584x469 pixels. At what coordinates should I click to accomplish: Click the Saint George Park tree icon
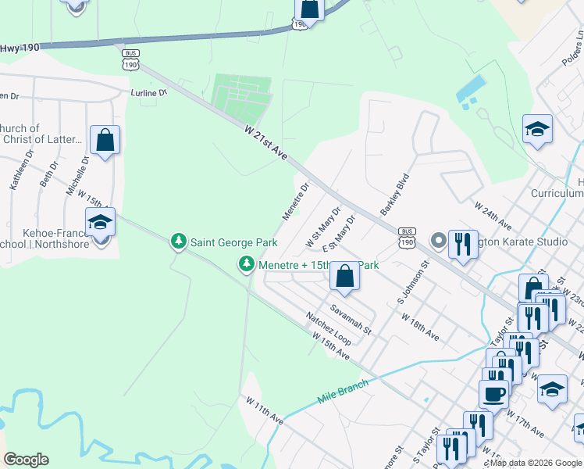pyautogui.click(x=179, y=241)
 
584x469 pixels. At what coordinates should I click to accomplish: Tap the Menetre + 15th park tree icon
pyautogui.click(x=247, y=266)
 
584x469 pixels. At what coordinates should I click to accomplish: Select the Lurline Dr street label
pyautogui.click(x=149, y=92)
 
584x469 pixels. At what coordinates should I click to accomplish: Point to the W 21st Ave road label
pyautogui.click(x=265, y=142)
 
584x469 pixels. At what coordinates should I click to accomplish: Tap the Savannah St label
pyautogui.click(x=350, y=320)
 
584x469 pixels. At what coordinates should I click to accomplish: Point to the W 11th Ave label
pyautogui.click(x=263, y=409)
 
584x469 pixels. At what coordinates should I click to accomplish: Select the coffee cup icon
pyautogui.click(x=493, y=394)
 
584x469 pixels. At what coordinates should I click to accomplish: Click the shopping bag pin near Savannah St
pyautogui.click(x=344, y=275)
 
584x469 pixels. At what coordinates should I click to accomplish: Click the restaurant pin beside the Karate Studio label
pyautogui.click(x=463, y=244)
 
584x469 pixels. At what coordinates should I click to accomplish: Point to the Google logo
pyautogui.click(x=27, y=460)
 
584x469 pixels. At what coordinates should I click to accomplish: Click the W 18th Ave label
pyautogui.click(x=420, y=328)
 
